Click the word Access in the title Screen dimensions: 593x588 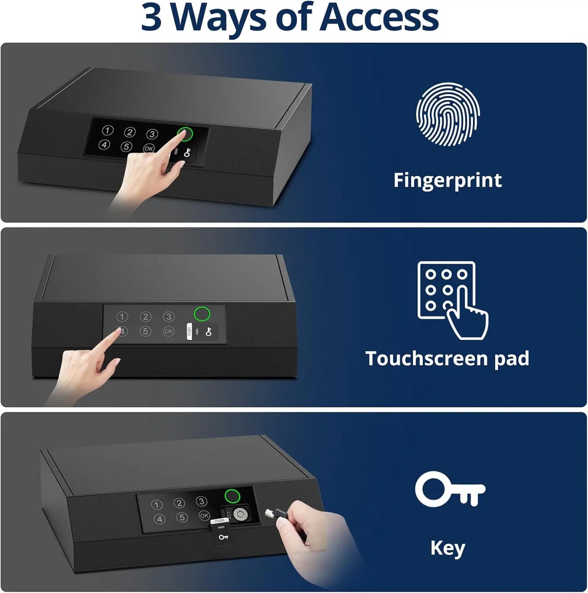tap(379, 18)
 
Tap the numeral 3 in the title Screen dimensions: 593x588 tap(151, 18)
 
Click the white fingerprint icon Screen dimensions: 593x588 tap(448, 114)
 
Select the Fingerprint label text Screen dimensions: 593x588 tap(448, 180)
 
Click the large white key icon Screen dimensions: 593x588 tap(450, 489)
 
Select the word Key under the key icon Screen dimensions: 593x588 tap(448, 548)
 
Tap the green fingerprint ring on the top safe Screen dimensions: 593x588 tap(185, 134)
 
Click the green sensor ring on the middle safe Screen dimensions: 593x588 tap(202, 314)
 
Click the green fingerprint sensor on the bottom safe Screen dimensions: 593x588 tap(232, 496)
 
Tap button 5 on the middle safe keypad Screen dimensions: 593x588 tap(145, 331)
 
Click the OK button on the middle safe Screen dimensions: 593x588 tap(168, 331)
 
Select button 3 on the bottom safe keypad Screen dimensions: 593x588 tap(201, 501)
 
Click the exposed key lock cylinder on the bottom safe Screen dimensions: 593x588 tap(240, 514)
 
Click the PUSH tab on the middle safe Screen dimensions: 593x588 tap(189, 331)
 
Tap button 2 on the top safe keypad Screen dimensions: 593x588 tap(130, 132)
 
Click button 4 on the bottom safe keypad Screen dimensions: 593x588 tap(160, 519)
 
